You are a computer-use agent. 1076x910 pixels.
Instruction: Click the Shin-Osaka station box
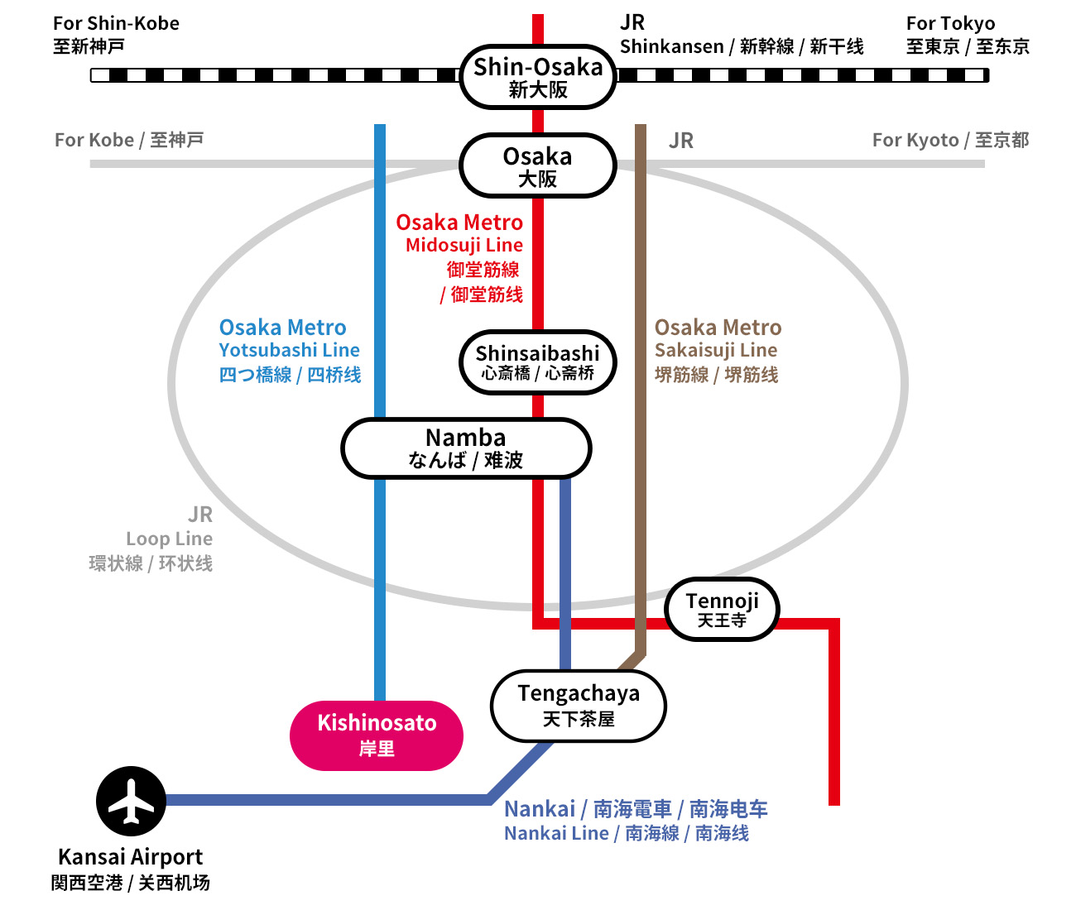coord(538,77)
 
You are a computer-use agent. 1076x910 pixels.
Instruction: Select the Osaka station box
coord(538,166)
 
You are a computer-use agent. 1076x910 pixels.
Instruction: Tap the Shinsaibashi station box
coord(538,362)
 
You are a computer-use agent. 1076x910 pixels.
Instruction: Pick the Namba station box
coord(466,448)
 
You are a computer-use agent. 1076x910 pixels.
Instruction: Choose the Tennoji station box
coord(722,610)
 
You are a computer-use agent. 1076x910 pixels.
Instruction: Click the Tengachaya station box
coord(579,706)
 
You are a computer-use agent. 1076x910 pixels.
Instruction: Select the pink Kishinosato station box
coord(377,735)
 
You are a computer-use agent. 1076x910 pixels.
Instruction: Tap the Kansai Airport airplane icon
coord(131,801)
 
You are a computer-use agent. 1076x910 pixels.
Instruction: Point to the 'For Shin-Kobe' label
coord(116,23)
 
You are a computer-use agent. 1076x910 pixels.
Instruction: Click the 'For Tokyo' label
coord(950,23)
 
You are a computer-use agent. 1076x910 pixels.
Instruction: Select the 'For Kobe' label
coord(94,140)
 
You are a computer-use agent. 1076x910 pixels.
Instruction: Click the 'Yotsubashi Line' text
coord(289,350)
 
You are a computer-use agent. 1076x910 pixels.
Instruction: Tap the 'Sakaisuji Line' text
coord(716,350)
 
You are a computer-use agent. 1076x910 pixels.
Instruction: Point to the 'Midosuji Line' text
coord(464,245)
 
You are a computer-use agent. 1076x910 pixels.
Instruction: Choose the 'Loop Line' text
coord(169,539)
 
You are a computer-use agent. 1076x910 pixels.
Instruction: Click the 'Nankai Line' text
coord(556,833)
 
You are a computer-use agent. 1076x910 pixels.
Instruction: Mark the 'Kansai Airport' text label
coord(130,856)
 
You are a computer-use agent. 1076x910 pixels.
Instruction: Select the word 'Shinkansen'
coord(671,46)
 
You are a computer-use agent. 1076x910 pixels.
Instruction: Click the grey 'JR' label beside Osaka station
coord(681,141)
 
